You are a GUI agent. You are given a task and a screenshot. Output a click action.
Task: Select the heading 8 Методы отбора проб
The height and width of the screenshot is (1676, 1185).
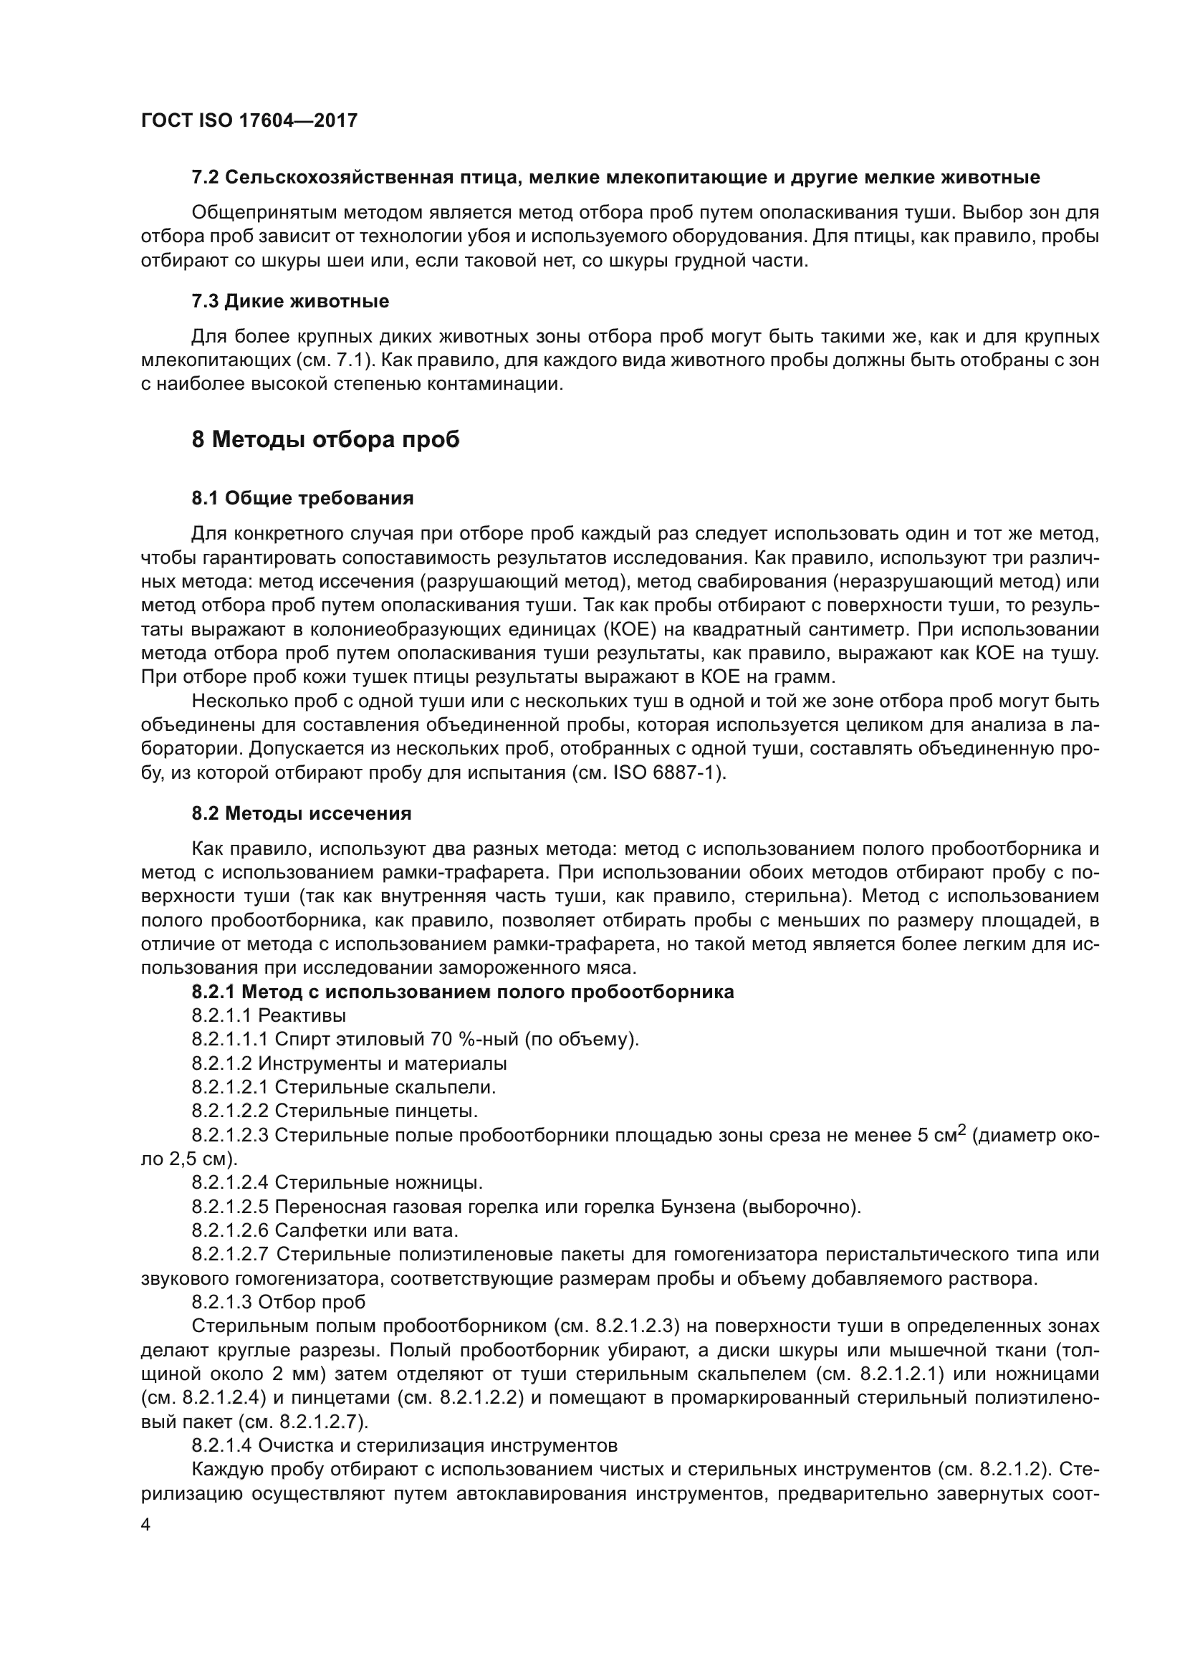click(325, 440)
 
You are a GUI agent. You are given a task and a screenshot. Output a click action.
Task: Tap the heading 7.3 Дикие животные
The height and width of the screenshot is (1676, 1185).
click(289, 302)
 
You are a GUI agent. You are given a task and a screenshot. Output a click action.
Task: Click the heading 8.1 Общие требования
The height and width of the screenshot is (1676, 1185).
click(302, 499)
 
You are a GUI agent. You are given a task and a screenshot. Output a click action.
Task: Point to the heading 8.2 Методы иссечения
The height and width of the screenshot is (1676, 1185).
click(302, 814)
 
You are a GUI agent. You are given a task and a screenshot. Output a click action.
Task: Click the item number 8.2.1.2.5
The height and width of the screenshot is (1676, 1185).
click(231, 1207)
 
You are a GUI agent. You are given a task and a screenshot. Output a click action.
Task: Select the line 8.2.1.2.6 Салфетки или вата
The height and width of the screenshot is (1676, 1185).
click(325, 1232)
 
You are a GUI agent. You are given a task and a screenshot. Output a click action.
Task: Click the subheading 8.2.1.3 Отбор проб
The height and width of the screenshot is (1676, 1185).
click(279, 1303)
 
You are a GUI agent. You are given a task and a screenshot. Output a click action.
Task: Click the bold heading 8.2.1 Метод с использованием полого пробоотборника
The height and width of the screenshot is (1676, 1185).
click(463, 992)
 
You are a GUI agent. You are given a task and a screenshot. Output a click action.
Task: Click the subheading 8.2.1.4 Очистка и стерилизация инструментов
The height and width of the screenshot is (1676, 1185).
click(404, 1446)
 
